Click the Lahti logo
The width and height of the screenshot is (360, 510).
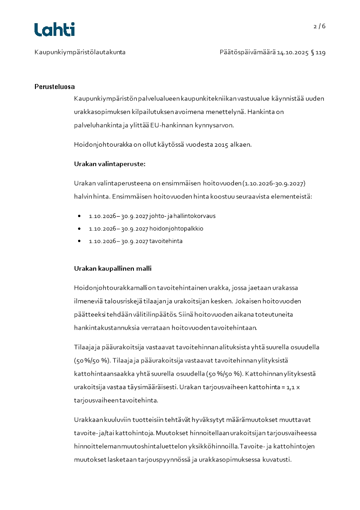(54, 30)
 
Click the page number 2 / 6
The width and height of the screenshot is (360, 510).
(320, 26)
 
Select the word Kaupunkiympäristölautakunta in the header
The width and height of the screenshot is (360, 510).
(80, 52)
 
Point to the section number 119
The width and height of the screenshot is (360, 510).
(321, 52)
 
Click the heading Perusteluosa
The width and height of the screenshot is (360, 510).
(54, 87)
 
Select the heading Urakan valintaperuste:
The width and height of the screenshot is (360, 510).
(103, 164)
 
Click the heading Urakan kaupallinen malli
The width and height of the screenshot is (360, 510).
(113, 268)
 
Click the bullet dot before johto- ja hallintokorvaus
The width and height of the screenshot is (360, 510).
(79, 216)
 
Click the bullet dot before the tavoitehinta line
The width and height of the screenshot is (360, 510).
(79, 241)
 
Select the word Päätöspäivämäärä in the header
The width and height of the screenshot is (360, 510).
(247, 52)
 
